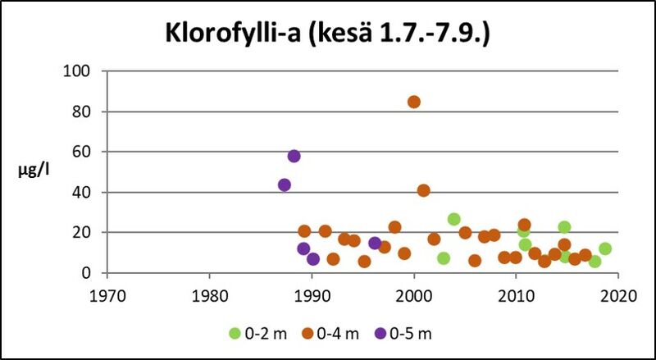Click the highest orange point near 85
(x=414, y=102)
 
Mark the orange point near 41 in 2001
(x=424, y=190)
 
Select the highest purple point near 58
(x=294, y=156)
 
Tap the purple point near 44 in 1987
(x=285, y=185)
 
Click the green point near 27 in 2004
(x=454, y=219)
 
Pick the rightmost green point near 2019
(x=605, y=248)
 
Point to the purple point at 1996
(x=375, y=243)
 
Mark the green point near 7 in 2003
(x=444, y=258)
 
